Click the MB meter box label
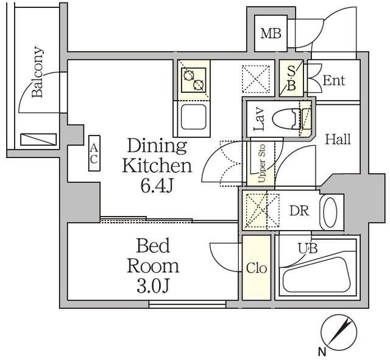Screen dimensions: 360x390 (271, 33)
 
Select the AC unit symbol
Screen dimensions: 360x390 (94, 153)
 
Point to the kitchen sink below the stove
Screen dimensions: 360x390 (193, 117)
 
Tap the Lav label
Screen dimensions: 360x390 (258, 120)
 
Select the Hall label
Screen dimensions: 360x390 (337, 140)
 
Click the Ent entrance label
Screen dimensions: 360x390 (333, 81)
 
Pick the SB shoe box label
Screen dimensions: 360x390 (291, 79)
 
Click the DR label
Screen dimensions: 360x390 (299, 211)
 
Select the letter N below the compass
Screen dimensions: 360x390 (321, 351)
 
